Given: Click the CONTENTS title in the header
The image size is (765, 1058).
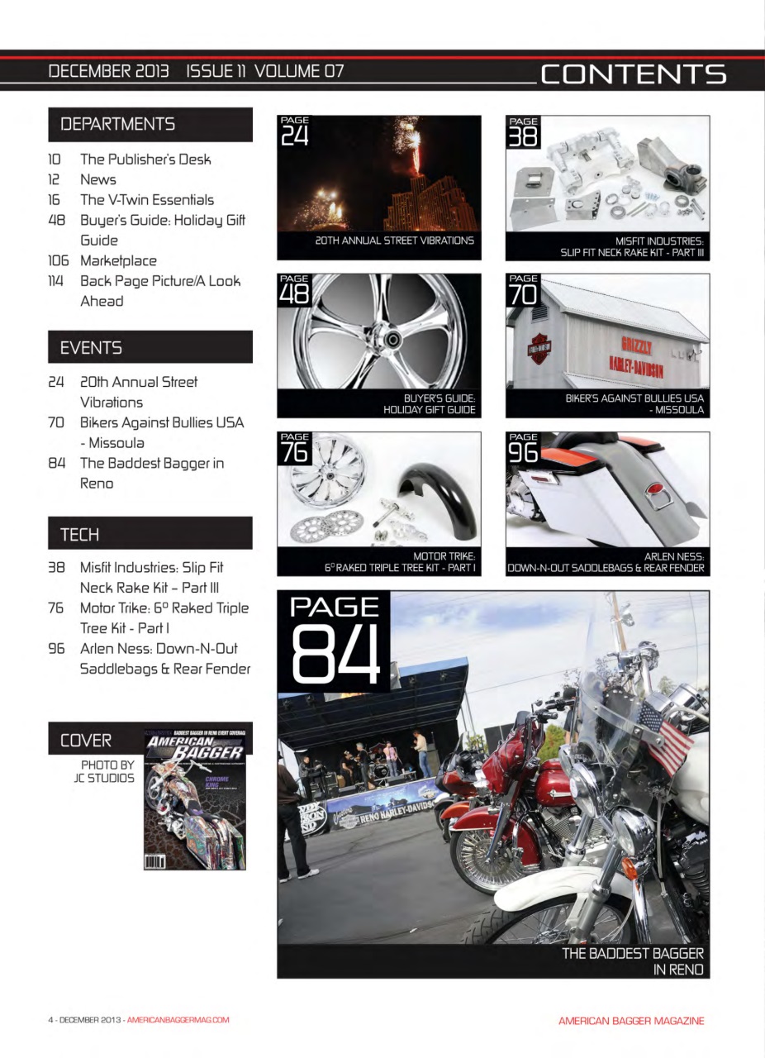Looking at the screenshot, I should pyautogui.click(x=633, y=74).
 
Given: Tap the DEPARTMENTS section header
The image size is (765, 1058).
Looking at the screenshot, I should pyautogui.click(x=117, y=124).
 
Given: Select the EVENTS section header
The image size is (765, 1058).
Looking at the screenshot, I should pyautogui.click(x=91, y=348).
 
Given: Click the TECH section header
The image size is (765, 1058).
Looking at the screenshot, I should pyautogui.click(x=79, y=534).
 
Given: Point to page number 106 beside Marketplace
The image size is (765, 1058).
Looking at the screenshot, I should pyautogui.click(x=58, y=260).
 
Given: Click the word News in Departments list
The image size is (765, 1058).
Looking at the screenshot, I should pyautogui.click(x=97, y=179).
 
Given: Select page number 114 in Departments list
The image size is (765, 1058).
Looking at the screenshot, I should pyautogui.click(x=56, y=281).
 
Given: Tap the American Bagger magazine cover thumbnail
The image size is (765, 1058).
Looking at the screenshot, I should pyautogui.click(x=195, y=798).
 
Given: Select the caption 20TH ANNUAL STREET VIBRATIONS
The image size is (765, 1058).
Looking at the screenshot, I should pyautogui.click(x=394, y=241).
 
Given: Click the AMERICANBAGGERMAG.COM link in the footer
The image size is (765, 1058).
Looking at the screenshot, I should pyautogui.click(x=178, y=1020).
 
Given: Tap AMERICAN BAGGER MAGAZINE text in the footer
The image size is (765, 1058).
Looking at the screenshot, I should pyautogui.click(x=631, y=1021).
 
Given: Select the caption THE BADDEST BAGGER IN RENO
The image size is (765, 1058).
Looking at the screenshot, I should pyautogui.click(x=632, y=961).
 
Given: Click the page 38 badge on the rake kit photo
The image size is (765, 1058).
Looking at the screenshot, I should pyautogui.click(x=523, y=131).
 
